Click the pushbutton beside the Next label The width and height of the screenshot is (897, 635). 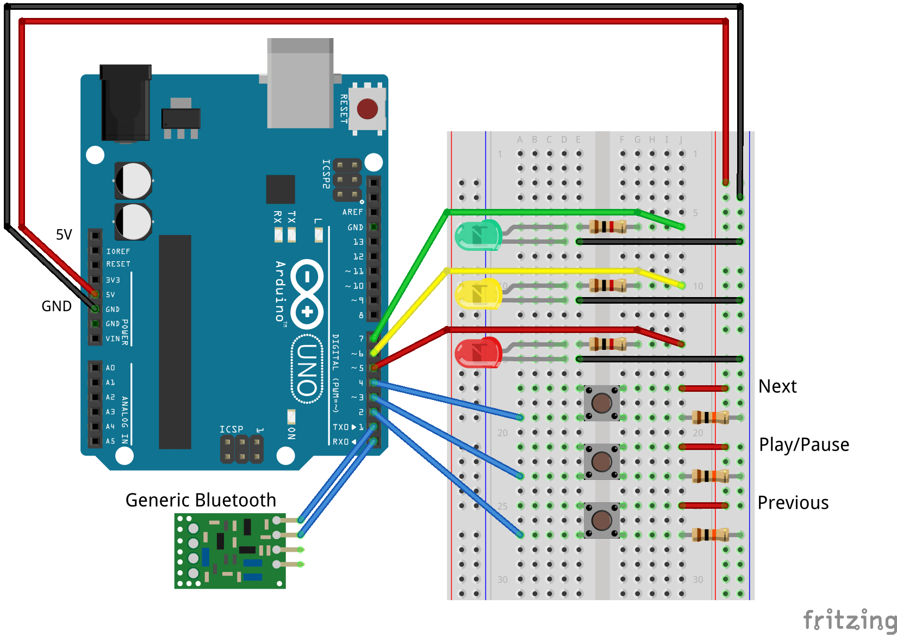tap(601, 403)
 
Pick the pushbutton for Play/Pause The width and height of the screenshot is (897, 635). tap(601, 462)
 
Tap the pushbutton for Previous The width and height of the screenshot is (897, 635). tap(601, 520)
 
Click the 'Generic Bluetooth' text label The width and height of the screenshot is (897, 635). tap(201, 500)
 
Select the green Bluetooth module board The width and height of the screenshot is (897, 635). tap(229, 551)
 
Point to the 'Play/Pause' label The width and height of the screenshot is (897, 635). tap(803, 445)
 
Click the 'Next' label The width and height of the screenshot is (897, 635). tap(777, 386)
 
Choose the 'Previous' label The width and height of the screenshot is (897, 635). tap(793, 503)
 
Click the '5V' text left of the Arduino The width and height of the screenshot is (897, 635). tap(64, 235)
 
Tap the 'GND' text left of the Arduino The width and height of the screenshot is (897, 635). tap(57, 306)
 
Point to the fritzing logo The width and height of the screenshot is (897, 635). tap(849, 620)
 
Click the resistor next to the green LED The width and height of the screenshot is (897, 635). tap(608, 226)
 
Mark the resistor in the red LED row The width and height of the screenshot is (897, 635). tap(608, 344)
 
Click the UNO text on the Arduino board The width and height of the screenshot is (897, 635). tap(307, 370)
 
